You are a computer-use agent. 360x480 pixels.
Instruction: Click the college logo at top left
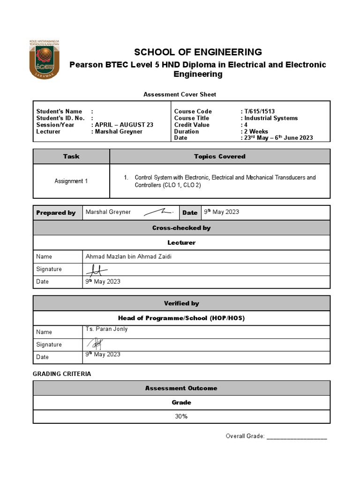(47, 58)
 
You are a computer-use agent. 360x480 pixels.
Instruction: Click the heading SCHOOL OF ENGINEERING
(198, 52)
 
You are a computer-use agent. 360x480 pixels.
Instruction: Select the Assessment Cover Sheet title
(180, 94)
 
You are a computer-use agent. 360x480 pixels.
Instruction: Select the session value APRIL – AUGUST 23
(124, 125)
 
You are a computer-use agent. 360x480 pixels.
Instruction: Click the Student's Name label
(60, 112)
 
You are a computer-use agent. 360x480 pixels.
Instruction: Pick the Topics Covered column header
(219, 157)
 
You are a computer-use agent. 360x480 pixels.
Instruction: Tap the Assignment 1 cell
(71, 181)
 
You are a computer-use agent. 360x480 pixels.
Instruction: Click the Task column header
(71, 157)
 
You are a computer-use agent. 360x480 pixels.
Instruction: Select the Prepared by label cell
(56, 212)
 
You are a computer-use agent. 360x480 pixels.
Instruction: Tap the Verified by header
(181, 303)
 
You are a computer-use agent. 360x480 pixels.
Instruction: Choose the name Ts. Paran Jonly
(106, 329)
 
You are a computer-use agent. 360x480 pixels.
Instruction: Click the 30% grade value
(181, 417)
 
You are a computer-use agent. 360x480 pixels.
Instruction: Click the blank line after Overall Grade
(297, 437)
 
